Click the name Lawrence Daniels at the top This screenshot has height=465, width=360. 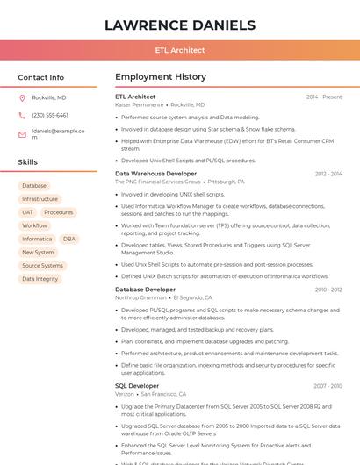(180, 25)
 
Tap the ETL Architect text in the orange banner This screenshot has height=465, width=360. (180, 50)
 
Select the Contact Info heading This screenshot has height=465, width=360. (41, 77)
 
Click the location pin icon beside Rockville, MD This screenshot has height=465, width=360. (22, 98)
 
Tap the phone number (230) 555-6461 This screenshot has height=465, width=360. (50, 115)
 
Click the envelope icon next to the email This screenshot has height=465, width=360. (22, 134)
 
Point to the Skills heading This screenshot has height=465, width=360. (28, 162)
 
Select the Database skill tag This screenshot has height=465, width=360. (34, 186)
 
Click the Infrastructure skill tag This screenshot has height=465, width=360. (40, 199)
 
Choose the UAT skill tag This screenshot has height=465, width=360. (28, 212)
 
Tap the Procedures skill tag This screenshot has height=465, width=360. (59, 212)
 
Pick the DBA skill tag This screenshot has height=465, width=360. (69, 239)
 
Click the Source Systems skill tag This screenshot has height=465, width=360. (42, 265)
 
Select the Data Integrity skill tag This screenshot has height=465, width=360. (40, 279)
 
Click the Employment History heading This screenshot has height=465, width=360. (161, 77)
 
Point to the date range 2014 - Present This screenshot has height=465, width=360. (324, 97)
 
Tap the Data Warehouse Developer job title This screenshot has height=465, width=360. (156, 174)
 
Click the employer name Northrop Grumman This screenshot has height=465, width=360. (140, 297)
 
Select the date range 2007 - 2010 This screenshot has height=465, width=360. (328, 386)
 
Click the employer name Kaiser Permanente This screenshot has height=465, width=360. (140, 104)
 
